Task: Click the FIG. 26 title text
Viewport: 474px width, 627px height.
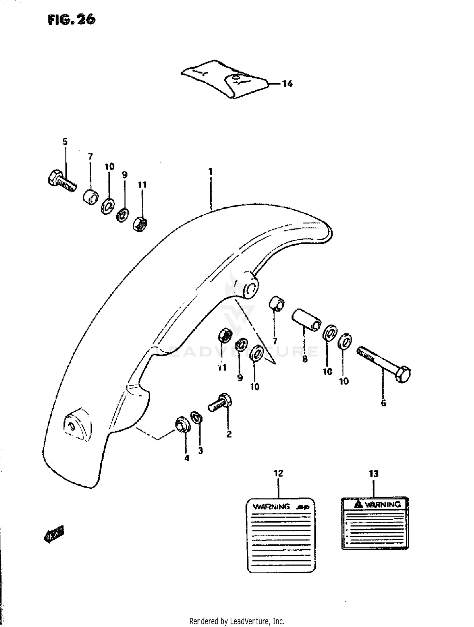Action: [71, 20]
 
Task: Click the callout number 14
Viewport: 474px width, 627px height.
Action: [287, 84]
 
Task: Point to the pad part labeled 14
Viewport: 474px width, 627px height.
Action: [224, 79]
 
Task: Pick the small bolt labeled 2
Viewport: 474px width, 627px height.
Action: [221, 403]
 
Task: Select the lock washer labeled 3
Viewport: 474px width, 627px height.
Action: [197, 419]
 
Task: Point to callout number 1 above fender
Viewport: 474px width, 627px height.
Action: [210, 172]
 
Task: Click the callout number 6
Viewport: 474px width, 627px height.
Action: [383, 403]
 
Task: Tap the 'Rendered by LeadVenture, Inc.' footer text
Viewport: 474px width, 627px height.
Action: [237, 621]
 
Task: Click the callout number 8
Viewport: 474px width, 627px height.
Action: [305, 359]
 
